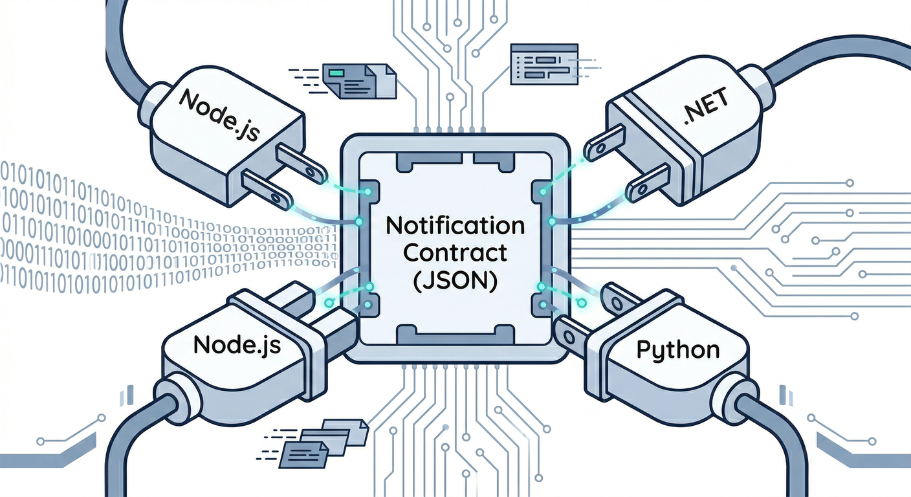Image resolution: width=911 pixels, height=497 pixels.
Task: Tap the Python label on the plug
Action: [677, 350]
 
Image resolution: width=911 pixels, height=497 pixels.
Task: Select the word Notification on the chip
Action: [454, 227]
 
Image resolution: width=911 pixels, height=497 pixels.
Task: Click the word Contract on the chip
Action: [454, 253]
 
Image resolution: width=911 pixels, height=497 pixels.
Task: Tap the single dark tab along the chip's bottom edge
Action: [454, 335]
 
